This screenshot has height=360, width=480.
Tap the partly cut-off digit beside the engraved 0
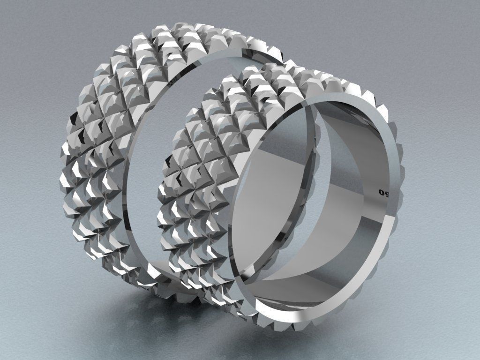pos(389,194)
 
